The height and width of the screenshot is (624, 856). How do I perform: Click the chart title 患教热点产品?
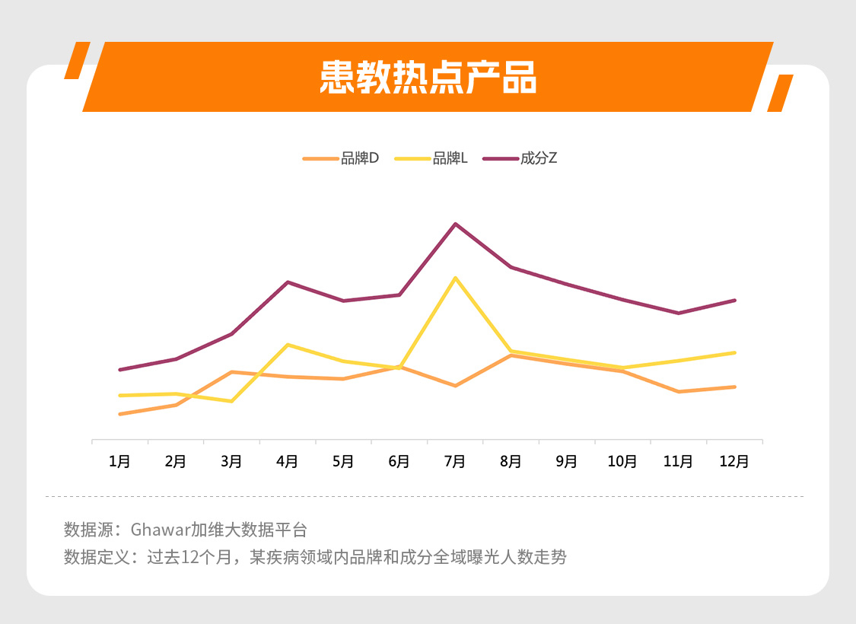click(x=428, y=77)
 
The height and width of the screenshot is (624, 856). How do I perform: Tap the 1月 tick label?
click(x=119, y=461)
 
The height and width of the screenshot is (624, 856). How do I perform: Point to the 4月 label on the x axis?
click(x=287, y=461)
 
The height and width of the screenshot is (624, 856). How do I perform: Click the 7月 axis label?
click(x=455, y=461)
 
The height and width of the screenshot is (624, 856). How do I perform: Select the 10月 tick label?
click(x=622, y=461)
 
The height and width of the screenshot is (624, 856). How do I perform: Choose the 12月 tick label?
click(x=734, y=461)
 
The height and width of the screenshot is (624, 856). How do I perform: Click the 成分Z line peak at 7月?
click(x=455, y=224)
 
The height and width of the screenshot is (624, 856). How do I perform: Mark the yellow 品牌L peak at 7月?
click(x=455, y=278)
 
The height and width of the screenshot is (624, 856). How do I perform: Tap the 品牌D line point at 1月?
click(x=120, y=414)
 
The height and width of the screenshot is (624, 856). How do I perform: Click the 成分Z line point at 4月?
click(x=288, y=282)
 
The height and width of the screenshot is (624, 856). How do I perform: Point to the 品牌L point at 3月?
click(x=231, y=401)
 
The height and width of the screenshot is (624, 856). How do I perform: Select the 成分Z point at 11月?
click(x=678, y=313)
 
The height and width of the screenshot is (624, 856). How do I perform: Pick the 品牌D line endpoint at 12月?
click(x=734, y=387)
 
